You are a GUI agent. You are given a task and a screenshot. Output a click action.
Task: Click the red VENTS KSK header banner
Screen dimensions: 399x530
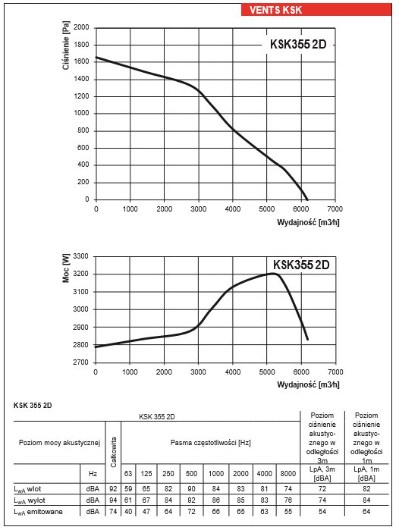(x=316, y=10)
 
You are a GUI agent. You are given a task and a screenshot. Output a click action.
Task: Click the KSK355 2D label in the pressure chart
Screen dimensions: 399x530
(x=298, y=44)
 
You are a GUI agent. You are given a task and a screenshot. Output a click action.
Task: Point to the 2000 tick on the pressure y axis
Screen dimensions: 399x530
(x=81, y=27)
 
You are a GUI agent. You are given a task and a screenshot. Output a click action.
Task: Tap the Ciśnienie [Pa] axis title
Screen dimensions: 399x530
(x=66, y=45)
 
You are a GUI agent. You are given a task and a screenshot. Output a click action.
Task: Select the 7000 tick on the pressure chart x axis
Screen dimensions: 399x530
(x=335, y=209)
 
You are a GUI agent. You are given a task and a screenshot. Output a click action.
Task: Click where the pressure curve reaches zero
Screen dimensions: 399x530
(x=307, y=199)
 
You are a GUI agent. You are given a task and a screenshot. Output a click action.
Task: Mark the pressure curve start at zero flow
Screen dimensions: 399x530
(x=96, y=57)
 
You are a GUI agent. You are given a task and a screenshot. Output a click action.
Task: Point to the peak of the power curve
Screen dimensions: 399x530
(x=274, y=274)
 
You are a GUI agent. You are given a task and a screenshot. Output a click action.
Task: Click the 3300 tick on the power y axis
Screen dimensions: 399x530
(x=81, y=256)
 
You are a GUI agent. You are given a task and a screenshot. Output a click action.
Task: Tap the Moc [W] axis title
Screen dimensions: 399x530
(x=66, y=268)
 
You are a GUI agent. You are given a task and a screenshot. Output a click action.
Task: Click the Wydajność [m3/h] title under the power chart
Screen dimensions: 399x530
(x=308, y=384)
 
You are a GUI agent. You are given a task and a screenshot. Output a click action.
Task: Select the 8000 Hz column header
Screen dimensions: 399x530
(x=288, y=474)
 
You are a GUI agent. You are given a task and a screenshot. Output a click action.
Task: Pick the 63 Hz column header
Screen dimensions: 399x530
(x=128, y=474)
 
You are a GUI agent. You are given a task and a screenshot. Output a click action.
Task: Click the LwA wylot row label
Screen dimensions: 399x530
(x=30, y=500)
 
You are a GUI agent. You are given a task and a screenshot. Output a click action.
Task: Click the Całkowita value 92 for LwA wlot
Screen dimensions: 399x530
(x=113, y=489)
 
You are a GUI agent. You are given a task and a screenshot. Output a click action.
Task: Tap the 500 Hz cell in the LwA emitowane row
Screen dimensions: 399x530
(x=191, y=511)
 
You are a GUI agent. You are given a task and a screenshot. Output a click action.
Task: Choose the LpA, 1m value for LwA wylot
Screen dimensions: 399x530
(x=366, y=500)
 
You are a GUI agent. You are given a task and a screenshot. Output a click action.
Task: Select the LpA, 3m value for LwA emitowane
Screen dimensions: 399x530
(x=322, y=511)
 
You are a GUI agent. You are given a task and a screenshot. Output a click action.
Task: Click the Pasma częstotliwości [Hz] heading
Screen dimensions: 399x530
(x=210, y=443)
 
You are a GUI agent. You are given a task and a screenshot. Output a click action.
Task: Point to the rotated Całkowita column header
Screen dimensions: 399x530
(x=113, y=452)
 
